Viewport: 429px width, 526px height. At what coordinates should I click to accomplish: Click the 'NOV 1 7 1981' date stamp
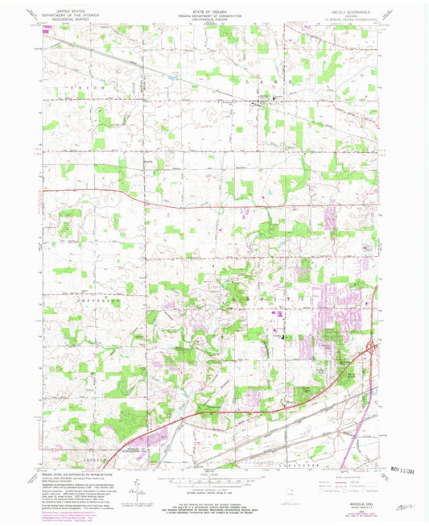pos(398,469)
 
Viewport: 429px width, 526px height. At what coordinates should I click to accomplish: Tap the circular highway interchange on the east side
pos(371,348)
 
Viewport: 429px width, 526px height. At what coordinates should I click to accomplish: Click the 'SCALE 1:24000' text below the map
pos(213,474)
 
